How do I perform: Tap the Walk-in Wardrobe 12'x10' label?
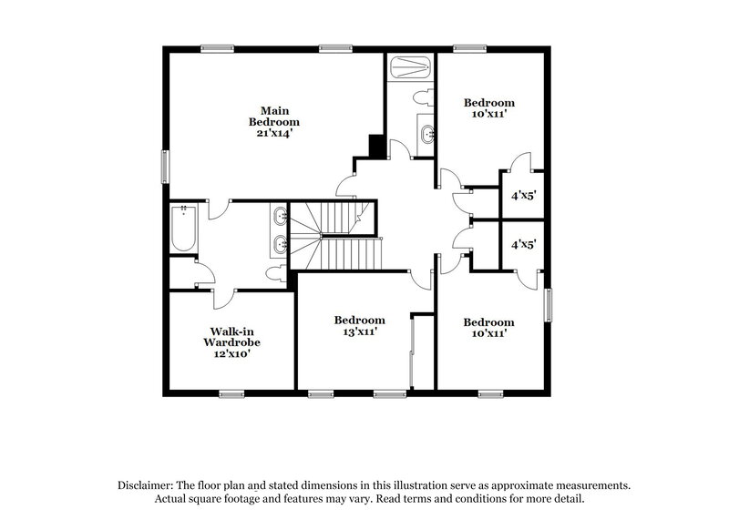pyautogui.click(x=231, y=342)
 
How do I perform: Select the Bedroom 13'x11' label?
pyautogui.click(x=358, y=326)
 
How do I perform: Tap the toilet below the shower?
pyautogui.click(x=420, y=96)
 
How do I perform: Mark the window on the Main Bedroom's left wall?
pyautogui.click(x=165, y=165)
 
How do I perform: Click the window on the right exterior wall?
pyautogui.click(x=549, y=304)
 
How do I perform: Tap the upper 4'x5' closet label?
pyautogui.click(x=522, y=195)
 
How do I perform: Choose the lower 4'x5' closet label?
pyautogui.click(x=522, y=244)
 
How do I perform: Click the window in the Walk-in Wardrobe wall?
pyautogui.click(x=232, y=393)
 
